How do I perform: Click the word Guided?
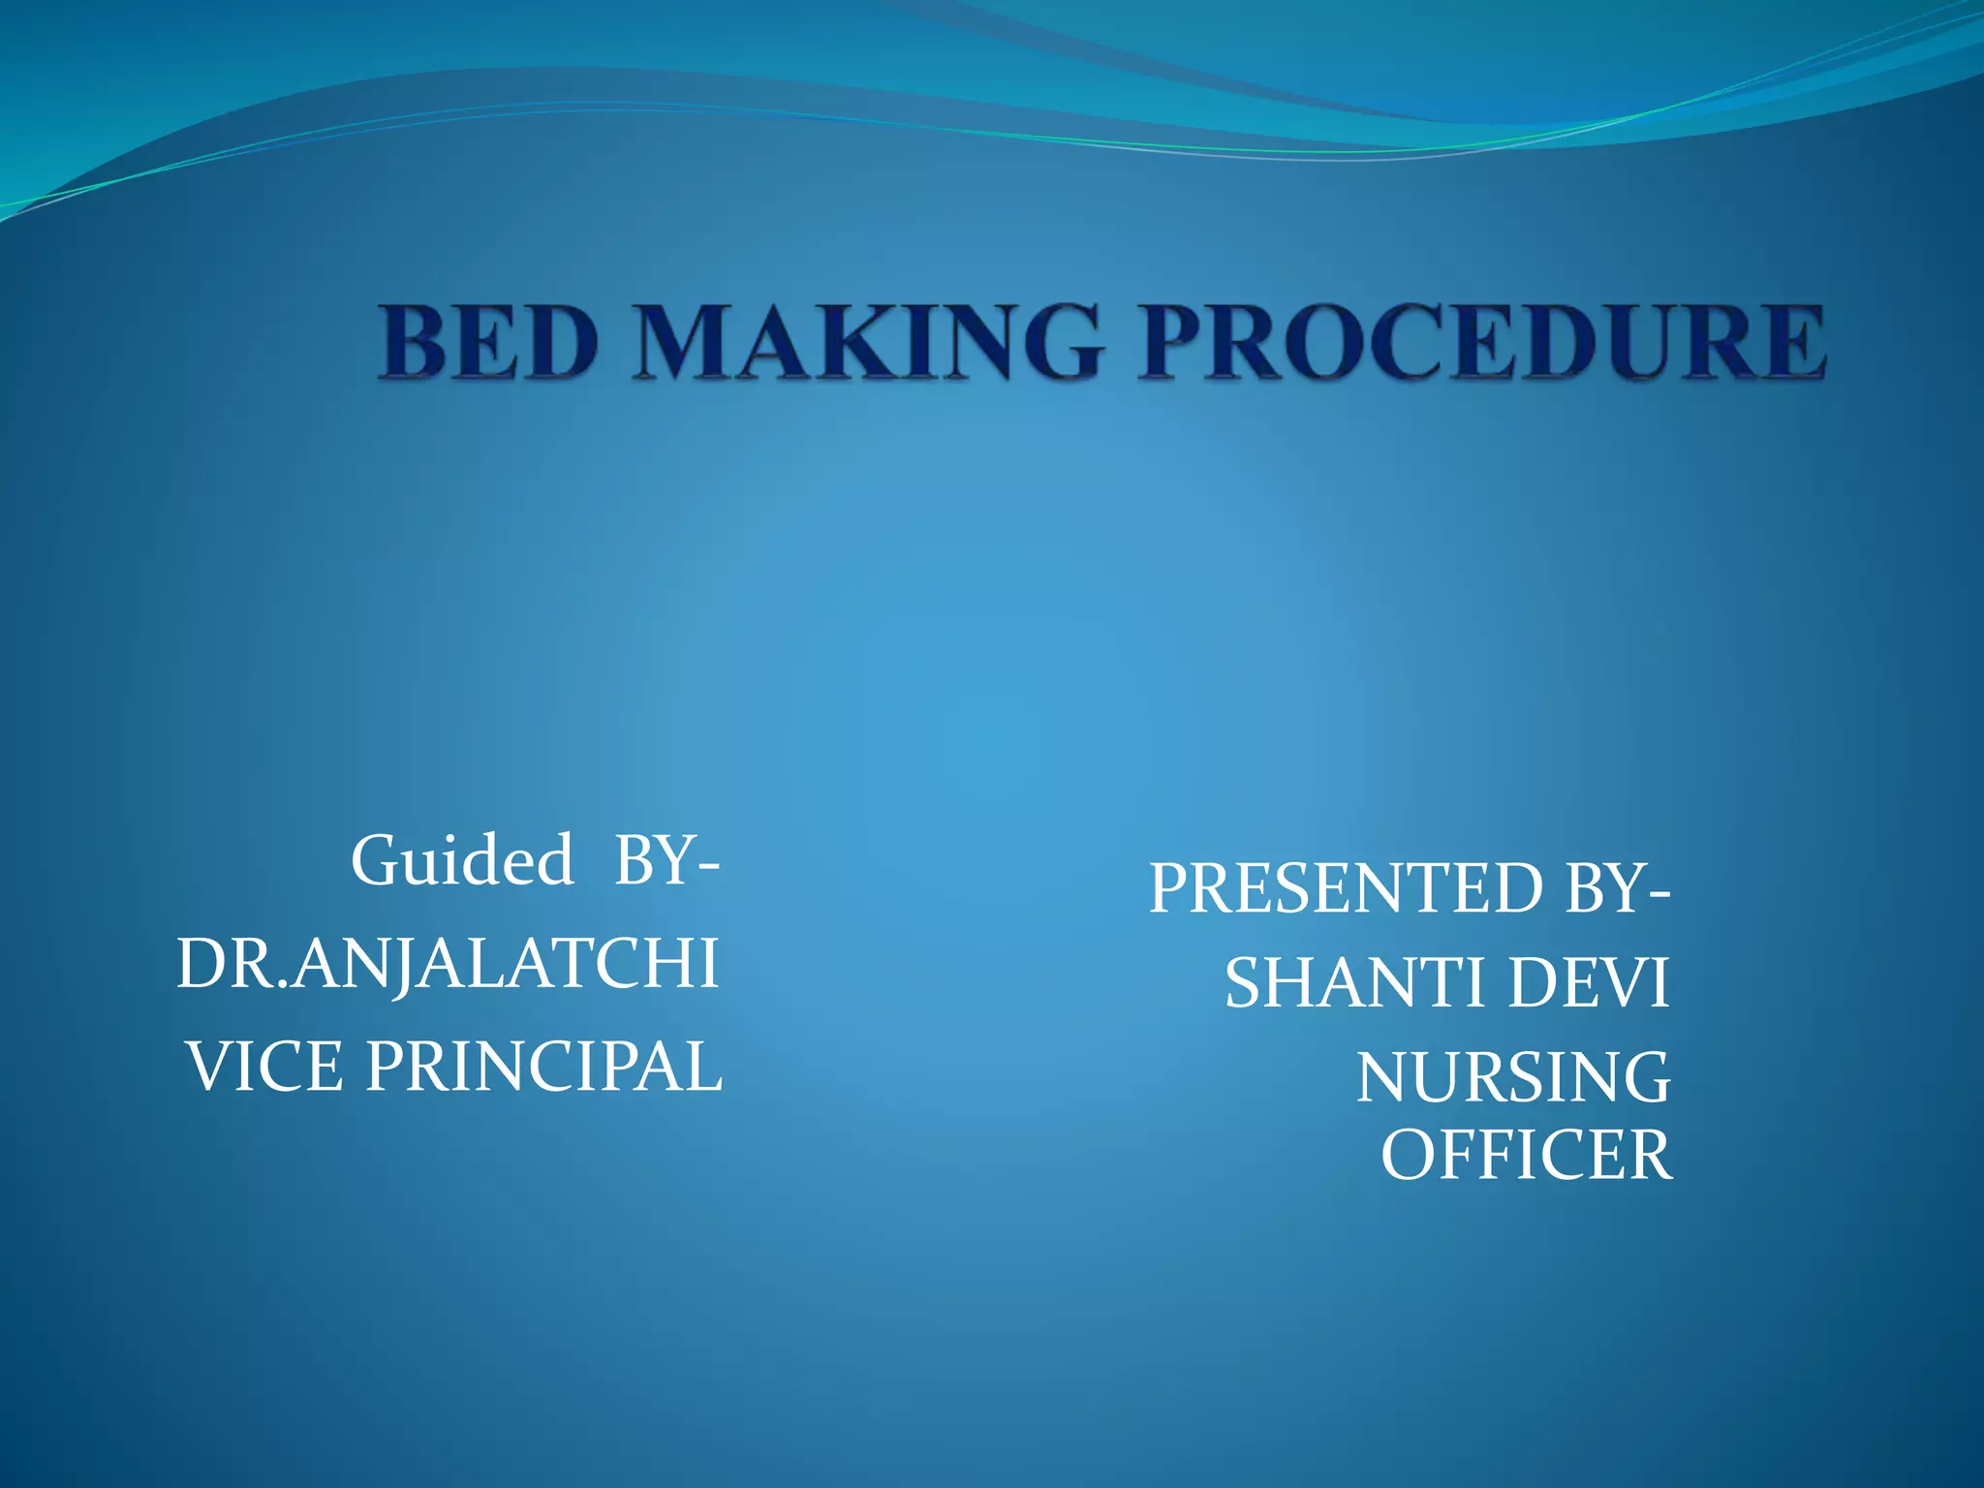(463, 860)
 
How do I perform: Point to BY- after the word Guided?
(666, 860)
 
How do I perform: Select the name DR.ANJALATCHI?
(448, 964)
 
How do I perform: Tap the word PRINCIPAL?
(543, 1067)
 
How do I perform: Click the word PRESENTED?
(1346, 888)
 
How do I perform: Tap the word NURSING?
(1513, 1077)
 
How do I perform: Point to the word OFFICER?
(1527, 1155)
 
